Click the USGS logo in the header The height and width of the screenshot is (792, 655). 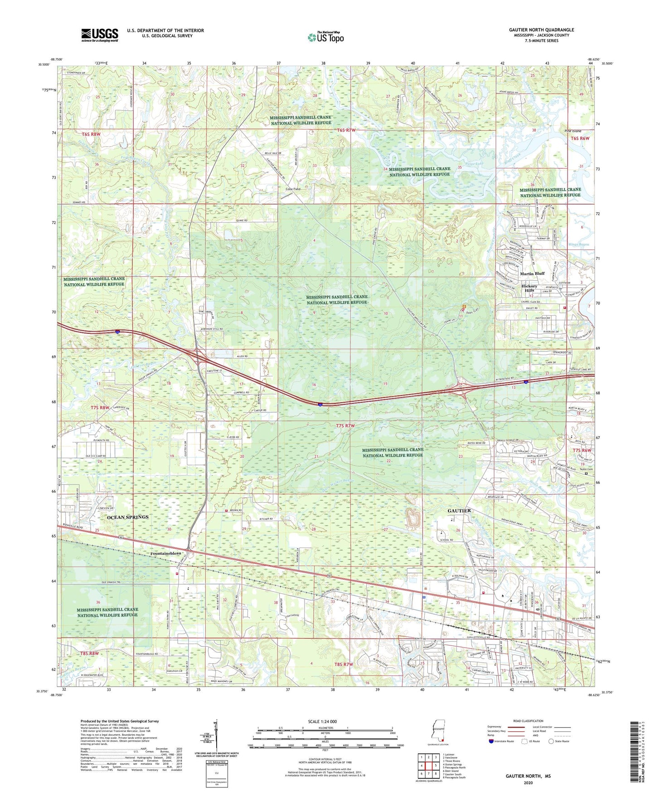[x=100, y=35]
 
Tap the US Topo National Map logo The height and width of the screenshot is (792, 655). [x=325, y=37]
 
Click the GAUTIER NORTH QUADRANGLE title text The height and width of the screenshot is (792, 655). [x=541, y=30]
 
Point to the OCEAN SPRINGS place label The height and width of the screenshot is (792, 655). [x=128, y=517]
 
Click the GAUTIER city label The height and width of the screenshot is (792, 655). [x=459, y=511]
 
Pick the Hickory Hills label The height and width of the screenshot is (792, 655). [x=529, y=289]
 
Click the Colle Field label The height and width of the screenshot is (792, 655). [x=293, y=189]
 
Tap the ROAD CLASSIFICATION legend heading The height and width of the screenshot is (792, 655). [x=529, y=721]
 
